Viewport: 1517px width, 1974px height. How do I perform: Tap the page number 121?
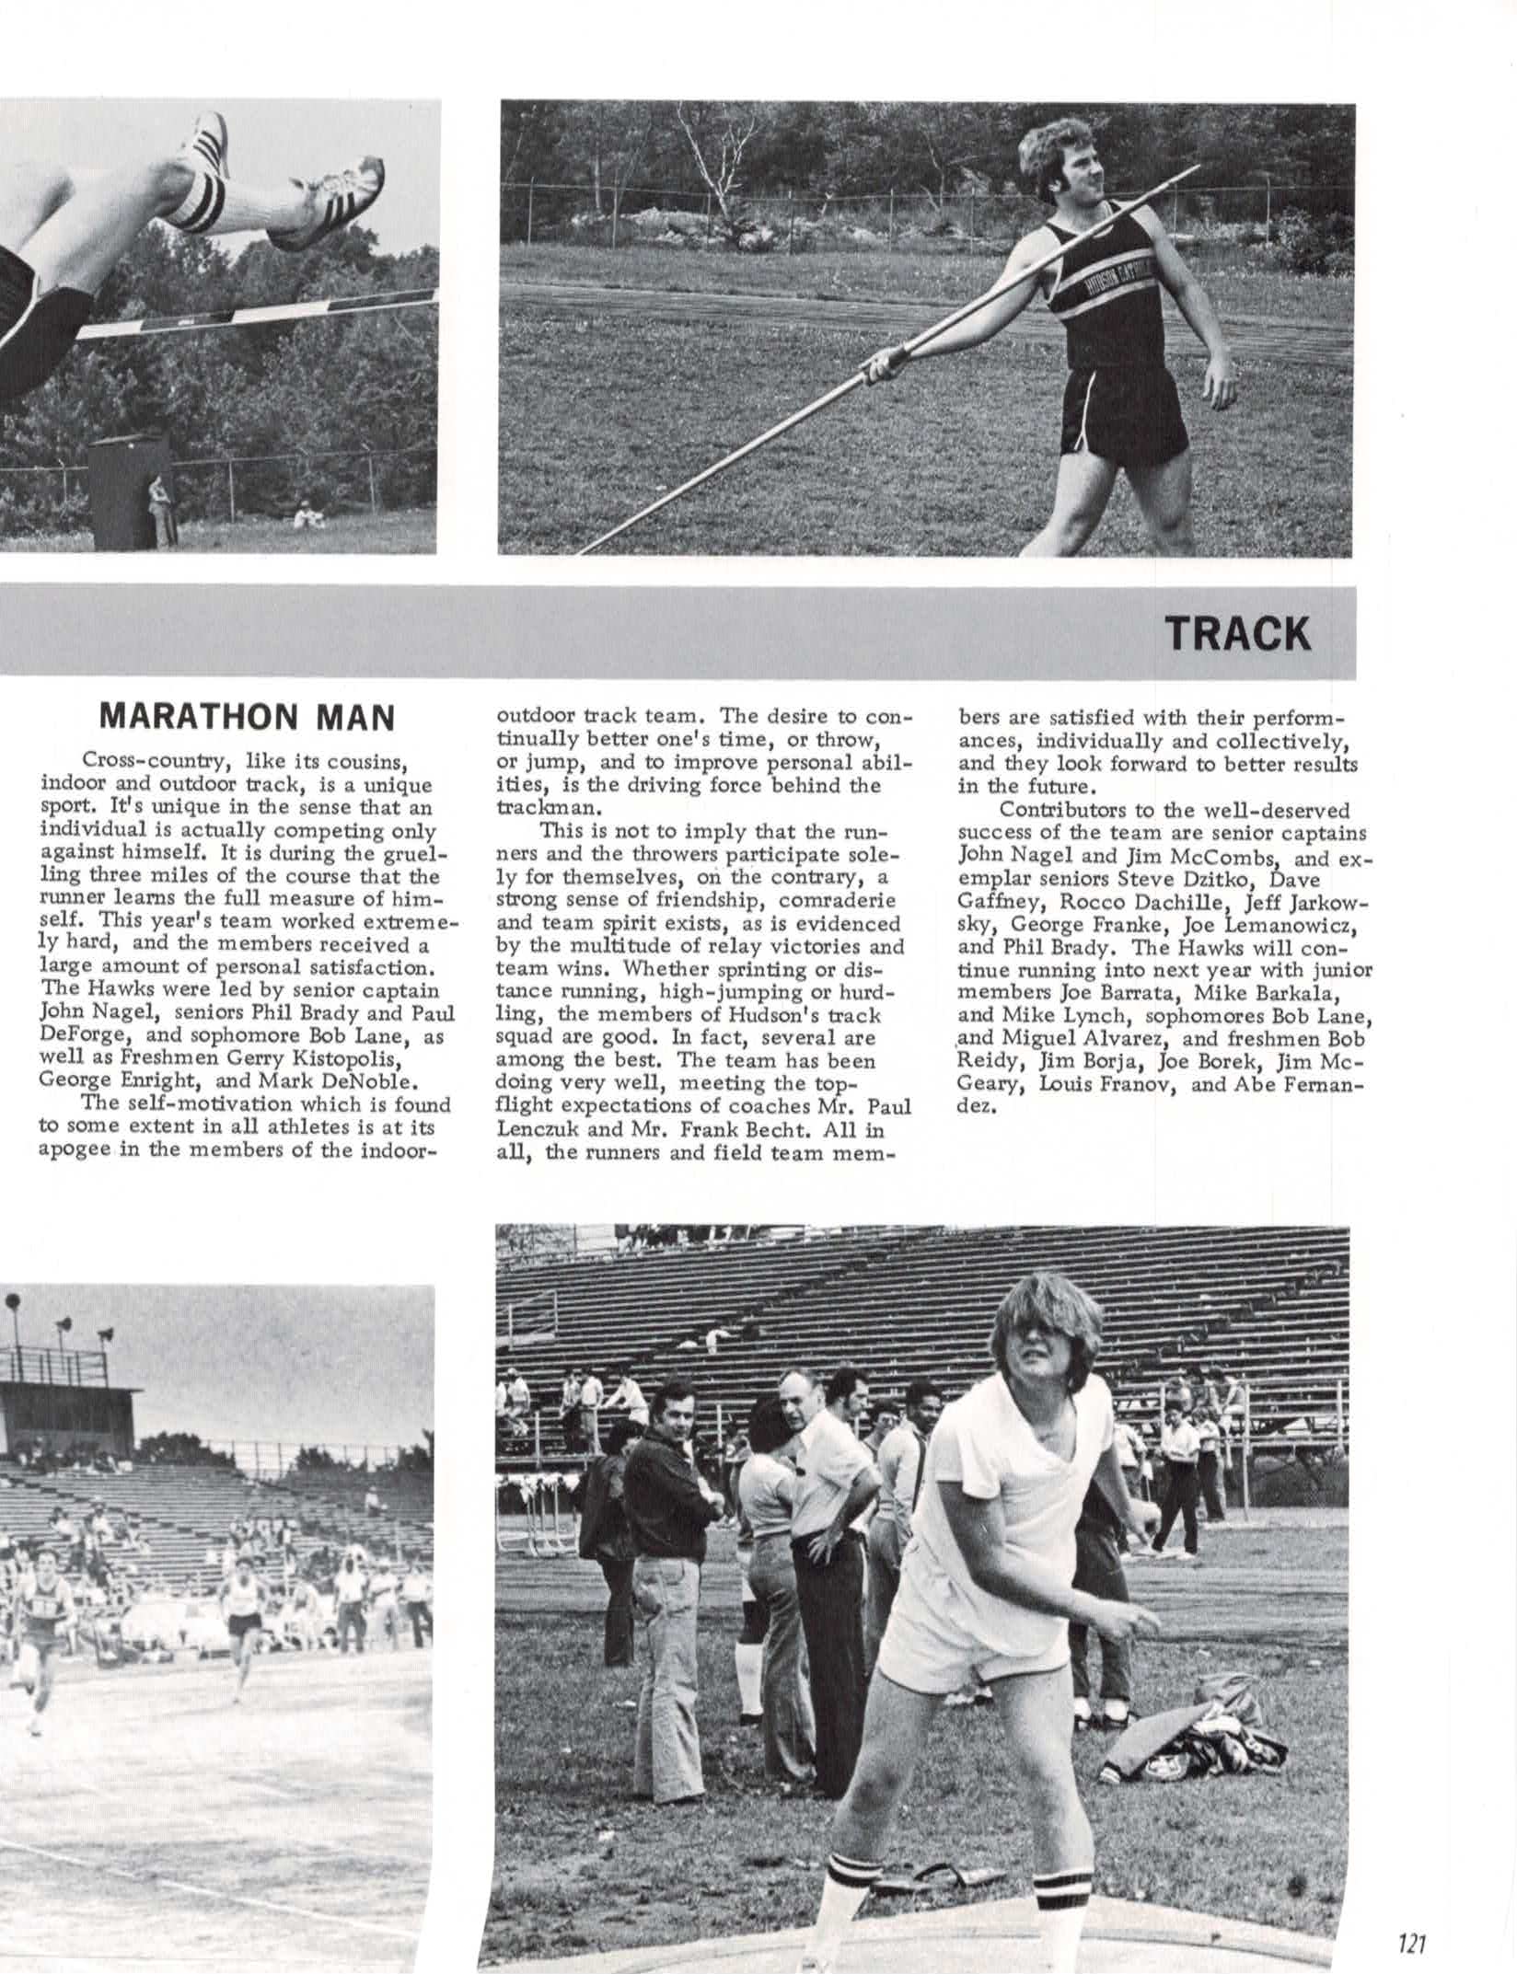pyautogui.click(x=1411, y=1937)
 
